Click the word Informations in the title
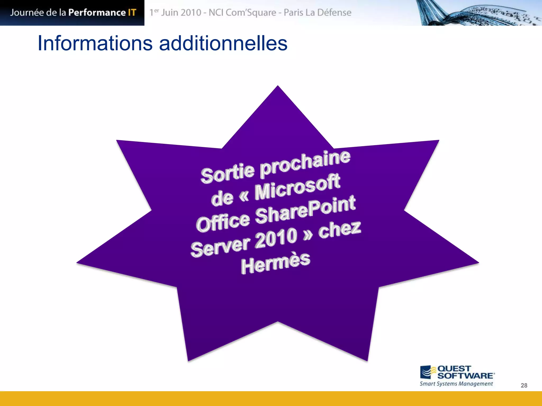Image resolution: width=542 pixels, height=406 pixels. tap(95, 43)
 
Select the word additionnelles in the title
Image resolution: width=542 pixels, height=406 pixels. tap(223, 43)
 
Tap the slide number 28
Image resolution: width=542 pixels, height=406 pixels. tap(524, 385)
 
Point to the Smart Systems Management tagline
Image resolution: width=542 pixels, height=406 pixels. tap(456, 384)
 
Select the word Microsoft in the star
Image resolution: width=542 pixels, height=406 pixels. tap(297, 187)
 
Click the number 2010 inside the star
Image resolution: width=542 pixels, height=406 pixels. tap(276, 238)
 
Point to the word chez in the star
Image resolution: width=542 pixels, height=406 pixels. tap(340, 229)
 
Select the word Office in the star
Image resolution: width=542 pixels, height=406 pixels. tap(223, 222)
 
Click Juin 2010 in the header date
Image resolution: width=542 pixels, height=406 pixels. tap(181, 12)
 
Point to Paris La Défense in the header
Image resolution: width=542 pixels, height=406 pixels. tap(318, 12)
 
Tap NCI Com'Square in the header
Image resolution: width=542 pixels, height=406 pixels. tap(242, 12)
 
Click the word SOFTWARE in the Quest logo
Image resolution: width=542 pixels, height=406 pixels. tap(465, 376)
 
